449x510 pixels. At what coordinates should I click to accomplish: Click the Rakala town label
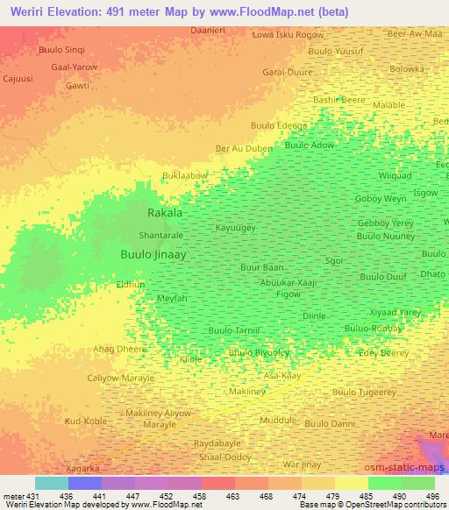[165, 213]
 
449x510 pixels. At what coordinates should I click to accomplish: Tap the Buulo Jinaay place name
[153, 254]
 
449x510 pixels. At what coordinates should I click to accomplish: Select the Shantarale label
[161, 236]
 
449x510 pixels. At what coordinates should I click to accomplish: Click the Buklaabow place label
[185, 176]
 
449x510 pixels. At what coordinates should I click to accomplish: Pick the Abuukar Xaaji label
[288, 282]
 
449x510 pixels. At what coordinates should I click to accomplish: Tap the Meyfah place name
[172, 299]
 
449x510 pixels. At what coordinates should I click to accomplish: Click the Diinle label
[314, 315]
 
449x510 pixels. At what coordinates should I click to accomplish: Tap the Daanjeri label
[209, 30]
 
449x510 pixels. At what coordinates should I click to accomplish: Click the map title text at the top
[180, 12]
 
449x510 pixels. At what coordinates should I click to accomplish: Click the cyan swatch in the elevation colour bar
[51, 483]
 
